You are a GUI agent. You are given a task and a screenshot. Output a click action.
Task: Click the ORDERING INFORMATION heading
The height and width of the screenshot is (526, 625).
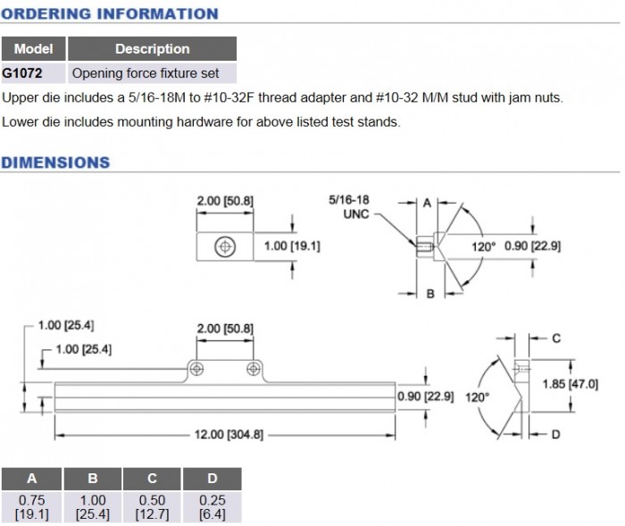click(109, 13)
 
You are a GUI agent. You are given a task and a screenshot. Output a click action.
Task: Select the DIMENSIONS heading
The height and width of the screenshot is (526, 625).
click(55, 163)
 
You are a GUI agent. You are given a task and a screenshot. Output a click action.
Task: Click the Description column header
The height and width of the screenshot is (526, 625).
click(152, 49)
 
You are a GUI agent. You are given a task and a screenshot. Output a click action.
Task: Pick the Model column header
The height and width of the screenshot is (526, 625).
click(34, 49)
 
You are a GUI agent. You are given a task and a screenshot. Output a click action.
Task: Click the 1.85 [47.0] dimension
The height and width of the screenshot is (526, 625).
click(571, 383)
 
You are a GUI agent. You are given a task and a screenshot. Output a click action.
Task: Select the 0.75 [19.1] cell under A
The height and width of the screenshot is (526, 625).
click(31, 507)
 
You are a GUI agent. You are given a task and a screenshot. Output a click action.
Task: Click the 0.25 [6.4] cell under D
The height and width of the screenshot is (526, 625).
click(212, 507)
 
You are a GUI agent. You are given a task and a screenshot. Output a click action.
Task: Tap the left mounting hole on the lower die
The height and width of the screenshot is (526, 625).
click(196, 369)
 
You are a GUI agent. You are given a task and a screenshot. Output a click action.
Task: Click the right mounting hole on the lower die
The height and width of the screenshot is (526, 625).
click(254, 369)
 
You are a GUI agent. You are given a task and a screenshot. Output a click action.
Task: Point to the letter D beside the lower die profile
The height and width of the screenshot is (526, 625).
click(555, 435)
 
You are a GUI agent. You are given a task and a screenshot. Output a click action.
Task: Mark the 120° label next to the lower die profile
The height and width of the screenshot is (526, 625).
click(479, 397)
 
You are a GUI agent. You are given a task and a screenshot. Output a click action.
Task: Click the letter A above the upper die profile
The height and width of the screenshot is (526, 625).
click(427, 203)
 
